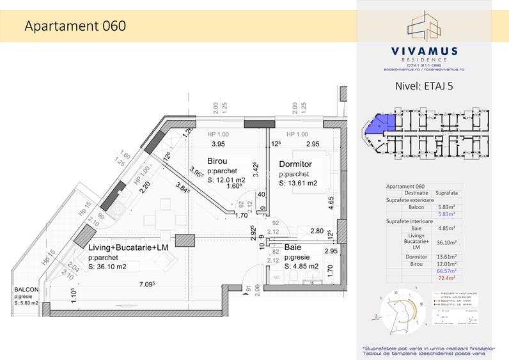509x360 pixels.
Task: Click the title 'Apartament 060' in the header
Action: click(x=74, y=26)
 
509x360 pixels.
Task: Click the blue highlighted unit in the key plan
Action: click(x=383, y=124)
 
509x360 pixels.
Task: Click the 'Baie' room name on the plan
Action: click(x=294, y=247)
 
